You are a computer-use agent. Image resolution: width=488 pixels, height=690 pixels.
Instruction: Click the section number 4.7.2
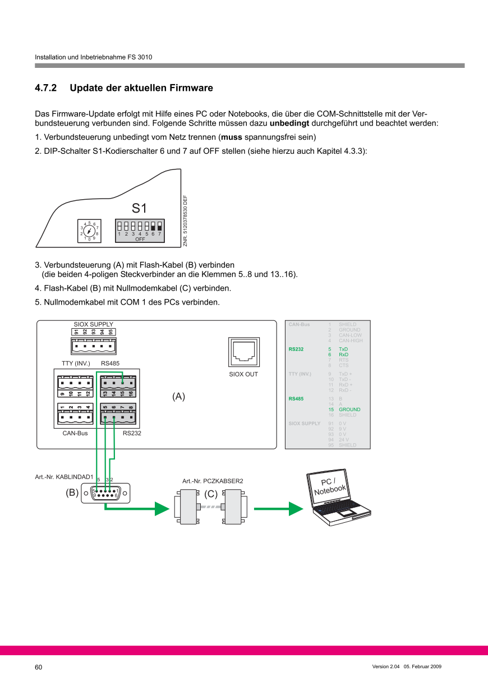pyautogui.click(x=46, y=88)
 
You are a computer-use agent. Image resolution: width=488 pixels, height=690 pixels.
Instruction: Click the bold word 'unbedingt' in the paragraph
pyautogui.click(x=289, y=123)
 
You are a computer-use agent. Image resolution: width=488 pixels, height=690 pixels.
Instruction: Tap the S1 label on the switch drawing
pyautogui.click(x=139, y=209)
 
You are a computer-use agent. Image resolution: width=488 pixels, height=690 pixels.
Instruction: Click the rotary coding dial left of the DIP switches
pyautogui.click(x=90, y=231)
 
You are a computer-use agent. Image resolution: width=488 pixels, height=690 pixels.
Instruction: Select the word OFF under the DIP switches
pyautogui.click(x=140, y=239)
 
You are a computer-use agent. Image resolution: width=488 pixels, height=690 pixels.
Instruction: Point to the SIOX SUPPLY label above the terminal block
pyautogui.click(x=94, y=324)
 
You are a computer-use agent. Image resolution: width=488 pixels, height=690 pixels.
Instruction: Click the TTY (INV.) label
pyautogui.click(x=76, y=364)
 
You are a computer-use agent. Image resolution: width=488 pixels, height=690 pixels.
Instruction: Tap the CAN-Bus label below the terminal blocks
pyautogui.click(x=75, y=434)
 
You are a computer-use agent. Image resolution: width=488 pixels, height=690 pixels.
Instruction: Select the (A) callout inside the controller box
pyautogui.click(x=178, y=397)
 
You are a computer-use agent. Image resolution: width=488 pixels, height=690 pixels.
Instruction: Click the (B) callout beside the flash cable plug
pyautogui.click(x=72, y=494)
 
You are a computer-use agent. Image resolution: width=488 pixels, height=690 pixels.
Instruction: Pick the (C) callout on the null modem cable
pyautogui.click(x=210, y=494)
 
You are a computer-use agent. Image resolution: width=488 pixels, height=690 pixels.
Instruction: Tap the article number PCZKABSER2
pyautogui.click(x=213, y=481)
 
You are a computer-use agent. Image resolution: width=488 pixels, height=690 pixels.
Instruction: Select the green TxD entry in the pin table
pyautogui.click(x=343, y=349)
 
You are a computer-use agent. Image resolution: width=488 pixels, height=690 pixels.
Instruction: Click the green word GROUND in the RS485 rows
pyautogui.click(x=349, y=410)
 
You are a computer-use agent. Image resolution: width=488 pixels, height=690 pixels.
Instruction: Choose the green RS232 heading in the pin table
pyautogui.click(x=296, y=349)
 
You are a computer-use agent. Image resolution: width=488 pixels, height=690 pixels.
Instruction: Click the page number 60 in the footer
pyautogui.click(x=39, y=667)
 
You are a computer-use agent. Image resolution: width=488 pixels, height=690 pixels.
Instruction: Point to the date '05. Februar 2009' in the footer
pyautogui.click(x=423, y=666)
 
